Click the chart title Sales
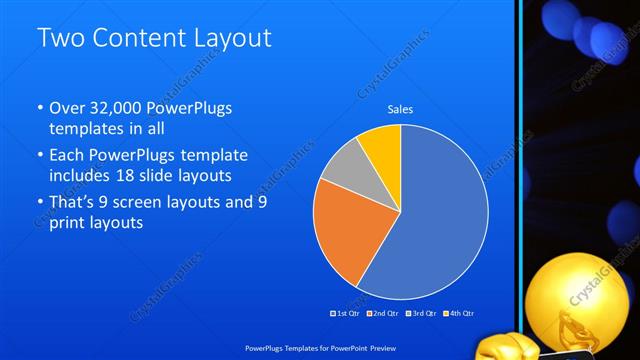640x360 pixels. (401, 110)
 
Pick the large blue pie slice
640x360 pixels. (440, 220)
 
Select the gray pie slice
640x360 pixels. (345, 167)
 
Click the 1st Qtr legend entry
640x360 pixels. (345, 313)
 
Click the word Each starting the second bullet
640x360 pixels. (67, 156)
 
